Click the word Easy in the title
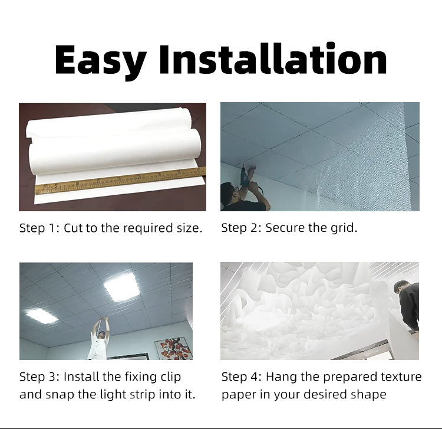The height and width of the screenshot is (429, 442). click(x=101, y=61)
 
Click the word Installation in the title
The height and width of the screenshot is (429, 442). click(x=273, y=58)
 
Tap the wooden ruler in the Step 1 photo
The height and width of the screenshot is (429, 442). click(x=120, y=181)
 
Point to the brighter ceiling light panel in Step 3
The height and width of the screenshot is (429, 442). click(x=121, y=287)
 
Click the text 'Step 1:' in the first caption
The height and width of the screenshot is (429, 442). click(x=39, y=228)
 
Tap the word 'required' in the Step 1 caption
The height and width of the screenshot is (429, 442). click(x=148, y=228)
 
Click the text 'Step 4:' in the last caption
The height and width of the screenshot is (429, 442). click(x=242, y=377)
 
